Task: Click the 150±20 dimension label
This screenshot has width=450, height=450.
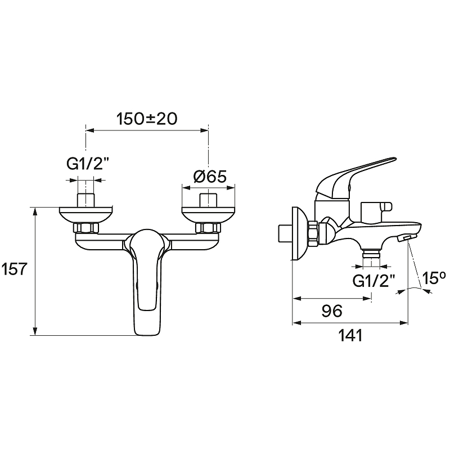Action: [147, 119]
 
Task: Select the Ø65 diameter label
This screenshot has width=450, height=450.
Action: [210, 177]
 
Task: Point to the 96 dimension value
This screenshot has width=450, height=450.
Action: [332, 311]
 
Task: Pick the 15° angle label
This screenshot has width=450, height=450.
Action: [434, 278]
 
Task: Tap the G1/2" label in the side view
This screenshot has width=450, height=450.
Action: [373, 281]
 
